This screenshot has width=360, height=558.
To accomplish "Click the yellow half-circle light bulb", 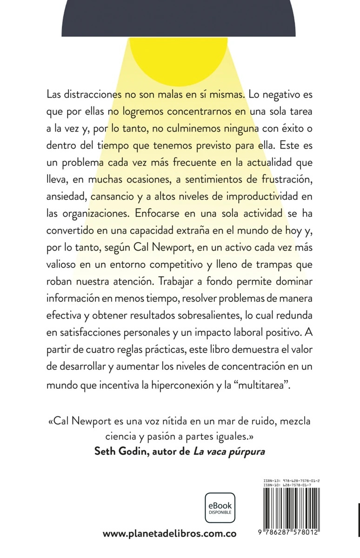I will [179, 53].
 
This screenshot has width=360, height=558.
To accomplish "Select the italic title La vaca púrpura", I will [228, 452].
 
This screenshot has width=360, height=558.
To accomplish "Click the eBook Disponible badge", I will [220, 508].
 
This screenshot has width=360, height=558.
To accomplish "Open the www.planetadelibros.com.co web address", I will [169, 534].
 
